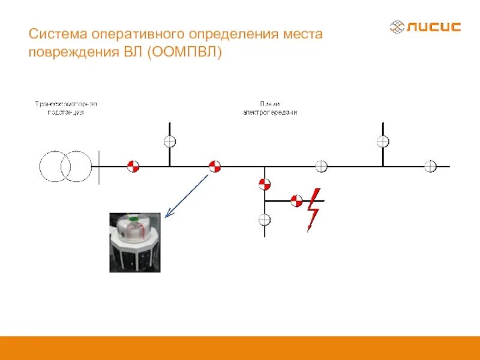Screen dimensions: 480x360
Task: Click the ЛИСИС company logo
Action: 425,27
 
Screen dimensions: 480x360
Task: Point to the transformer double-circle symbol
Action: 65,166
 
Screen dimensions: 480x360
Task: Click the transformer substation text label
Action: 65,108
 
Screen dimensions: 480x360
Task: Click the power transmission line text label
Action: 269,108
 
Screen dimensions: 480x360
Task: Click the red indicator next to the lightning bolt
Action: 296,201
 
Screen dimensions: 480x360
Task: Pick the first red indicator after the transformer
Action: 133,166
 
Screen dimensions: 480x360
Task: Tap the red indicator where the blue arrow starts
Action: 214,166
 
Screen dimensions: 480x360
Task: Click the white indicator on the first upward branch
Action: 170,142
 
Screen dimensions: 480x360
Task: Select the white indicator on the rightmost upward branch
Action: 383,142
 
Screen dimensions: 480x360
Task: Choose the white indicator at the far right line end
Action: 430,166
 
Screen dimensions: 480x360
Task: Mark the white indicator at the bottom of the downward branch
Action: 265,220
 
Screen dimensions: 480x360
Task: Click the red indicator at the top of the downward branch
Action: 265,184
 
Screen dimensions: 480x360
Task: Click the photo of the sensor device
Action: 135,242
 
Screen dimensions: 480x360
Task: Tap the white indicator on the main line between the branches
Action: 322,166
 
